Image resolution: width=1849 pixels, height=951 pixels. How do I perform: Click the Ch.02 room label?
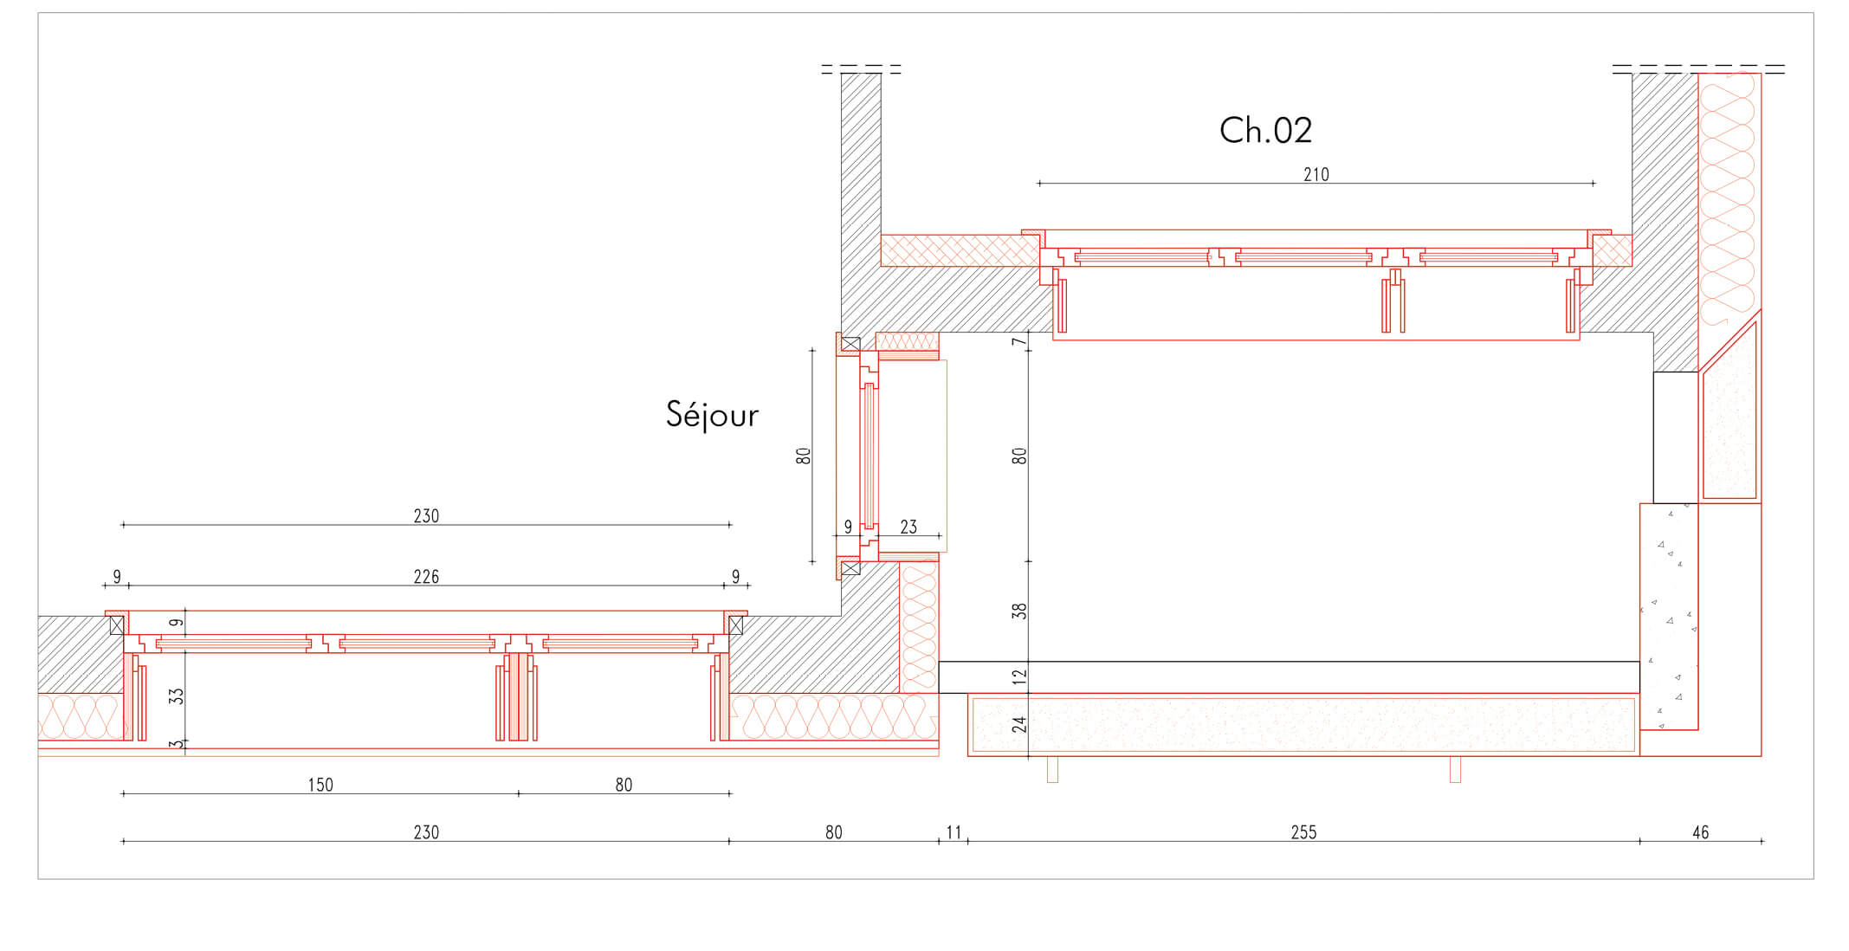1265,131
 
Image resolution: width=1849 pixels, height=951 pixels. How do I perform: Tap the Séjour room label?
712,414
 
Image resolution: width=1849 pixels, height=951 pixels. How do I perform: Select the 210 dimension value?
1316,174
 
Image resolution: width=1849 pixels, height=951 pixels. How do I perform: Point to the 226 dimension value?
426,577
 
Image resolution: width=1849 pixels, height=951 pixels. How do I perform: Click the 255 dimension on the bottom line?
1303,832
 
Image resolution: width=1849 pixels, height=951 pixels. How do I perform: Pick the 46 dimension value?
1701,832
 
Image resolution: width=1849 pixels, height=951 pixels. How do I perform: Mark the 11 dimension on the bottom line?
954,832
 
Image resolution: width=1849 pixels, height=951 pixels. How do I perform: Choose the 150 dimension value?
320,785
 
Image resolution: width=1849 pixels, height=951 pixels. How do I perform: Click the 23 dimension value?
908,527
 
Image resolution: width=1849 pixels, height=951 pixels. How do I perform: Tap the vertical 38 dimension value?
1019,611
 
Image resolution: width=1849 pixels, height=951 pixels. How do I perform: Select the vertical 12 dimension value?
1019,676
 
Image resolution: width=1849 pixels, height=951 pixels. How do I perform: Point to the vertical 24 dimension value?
1019,724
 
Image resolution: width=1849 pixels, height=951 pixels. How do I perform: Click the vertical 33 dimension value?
177,696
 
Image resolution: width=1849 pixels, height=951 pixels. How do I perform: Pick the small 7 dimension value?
1019,341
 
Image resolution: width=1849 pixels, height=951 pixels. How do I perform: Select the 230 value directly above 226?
426,516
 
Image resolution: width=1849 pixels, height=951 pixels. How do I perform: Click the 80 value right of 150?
624,785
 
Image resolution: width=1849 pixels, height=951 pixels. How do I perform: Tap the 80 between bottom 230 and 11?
833,832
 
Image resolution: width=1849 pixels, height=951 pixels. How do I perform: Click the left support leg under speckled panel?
1052,769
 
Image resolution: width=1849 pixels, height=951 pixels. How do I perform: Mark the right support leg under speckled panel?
1455,769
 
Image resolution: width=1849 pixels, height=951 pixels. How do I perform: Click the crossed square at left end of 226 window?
117,624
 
